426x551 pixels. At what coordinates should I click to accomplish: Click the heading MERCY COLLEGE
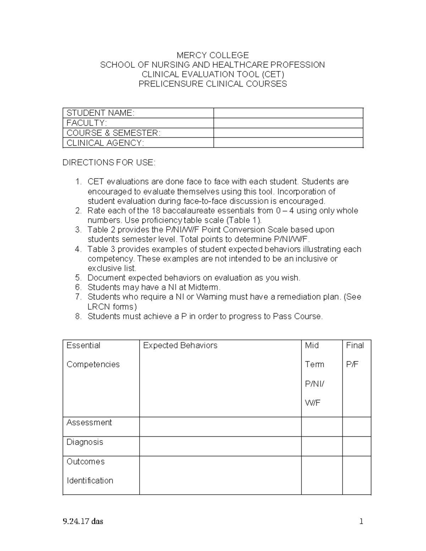[x=213, y=55]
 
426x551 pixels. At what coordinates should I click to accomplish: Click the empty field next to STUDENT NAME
[x=288, y=113]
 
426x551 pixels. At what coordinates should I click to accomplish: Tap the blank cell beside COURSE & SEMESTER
[x=288, y=133]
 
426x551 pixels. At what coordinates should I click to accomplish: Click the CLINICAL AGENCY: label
[x=105, y=143]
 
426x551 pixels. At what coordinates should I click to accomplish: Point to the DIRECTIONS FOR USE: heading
[x=109, y=163]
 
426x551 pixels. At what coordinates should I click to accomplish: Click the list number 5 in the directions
[x=78, y=278]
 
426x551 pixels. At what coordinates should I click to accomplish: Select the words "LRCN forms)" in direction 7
[x=112, y=307]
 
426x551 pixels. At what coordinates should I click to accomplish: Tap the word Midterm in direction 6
[x=204, y=287]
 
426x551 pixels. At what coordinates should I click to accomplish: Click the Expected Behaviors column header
[x=180, y=346]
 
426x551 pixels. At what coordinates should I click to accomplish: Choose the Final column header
[x=355, y=346]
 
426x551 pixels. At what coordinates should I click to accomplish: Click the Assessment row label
[x=89, y=423]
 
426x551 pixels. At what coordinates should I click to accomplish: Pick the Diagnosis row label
[x=85, y=442]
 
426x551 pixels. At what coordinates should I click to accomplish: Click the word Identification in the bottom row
[x=90, y=481]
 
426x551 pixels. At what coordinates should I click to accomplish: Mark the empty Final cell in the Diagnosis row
[x=356, y=446]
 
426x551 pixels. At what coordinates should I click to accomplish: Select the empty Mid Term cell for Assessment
[x=322, y=427]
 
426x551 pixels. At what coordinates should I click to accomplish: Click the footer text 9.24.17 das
[x=83, y=522]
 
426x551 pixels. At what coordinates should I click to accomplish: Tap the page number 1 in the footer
[x=361, y=522]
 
